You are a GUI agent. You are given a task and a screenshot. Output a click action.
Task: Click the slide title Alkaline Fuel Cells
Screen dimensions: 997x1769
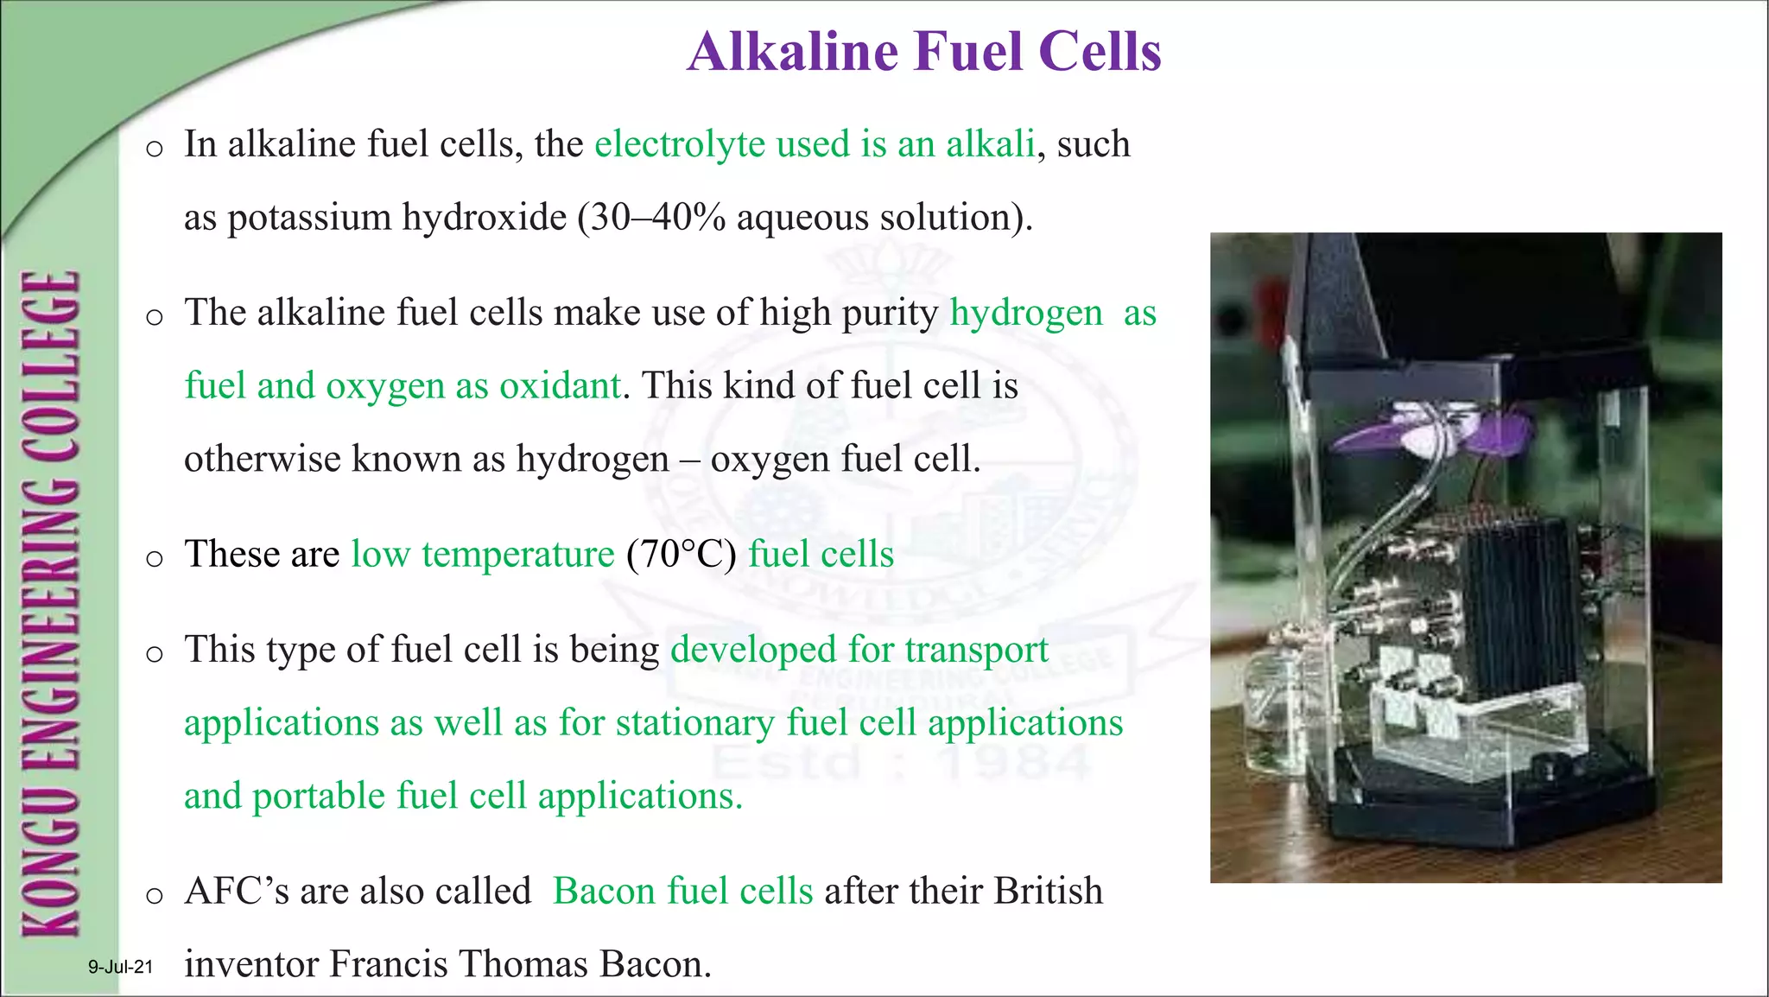coord(924,52)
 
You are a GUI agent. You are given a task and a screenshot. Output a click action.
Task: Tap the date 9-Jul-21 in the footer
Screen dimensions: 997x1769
coord(120,967)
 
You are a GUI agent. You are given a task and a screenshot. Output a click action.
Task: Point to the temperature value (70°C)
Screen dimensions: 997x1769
coord(682,554)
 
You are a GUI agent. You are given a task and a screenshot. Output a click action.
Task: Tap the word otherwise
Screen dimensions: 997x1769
coord(263,459)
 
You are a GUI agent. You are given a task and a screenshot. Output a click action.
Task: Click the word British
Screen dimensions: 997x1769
coord(1049,891)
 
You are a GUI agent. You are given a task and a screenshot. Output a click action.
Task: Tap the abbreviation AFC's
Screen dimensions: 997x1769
coord(237,891)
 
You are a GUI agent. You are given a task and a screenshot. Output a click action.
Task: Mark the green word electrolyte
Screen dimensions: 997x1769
coord(680,144)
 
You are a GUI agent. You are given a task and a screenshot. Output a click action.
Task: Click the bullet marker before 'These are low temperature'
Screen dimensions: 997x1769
coord(155,558)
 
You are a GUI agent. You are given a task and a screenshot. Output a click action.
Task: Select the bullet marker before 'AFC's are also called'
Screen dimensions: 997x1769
coord(155,895)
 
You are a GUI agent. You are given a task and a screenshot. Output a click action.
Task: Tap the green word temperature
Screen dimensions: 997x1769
coord(517,555)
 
